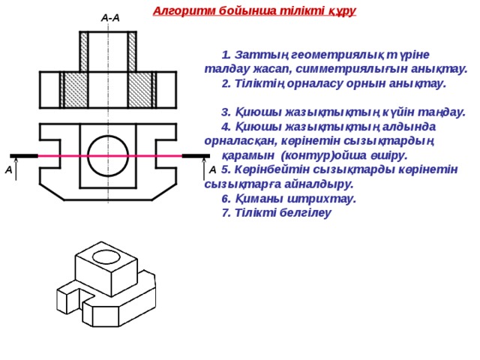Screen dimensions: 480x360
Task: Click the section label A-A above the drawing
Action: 110,18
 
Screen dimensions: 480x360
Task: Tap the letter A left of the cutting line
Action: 9,169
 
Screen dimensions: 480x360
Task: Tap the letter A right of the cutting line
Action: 212,169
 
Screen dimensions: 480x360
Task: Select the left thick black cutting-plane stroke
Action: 24,156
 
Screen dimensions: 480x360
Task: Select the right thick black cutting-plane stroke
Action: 196,156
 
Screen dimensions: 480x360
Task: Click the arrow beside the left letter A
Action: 16,169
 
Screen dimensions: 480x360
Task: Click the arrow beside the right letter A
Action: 204,169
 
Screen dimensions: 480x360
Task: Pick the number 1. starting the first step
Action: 226,55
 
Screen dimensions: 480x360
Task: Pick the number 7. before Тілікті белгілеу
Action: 226,213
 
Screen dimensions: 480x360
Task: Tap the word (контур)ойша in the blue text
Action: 323,155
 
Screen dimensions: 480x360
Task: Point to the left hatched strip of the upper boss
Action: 83,52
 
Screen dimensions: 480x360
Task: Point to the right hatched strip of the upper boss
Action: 132,52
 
